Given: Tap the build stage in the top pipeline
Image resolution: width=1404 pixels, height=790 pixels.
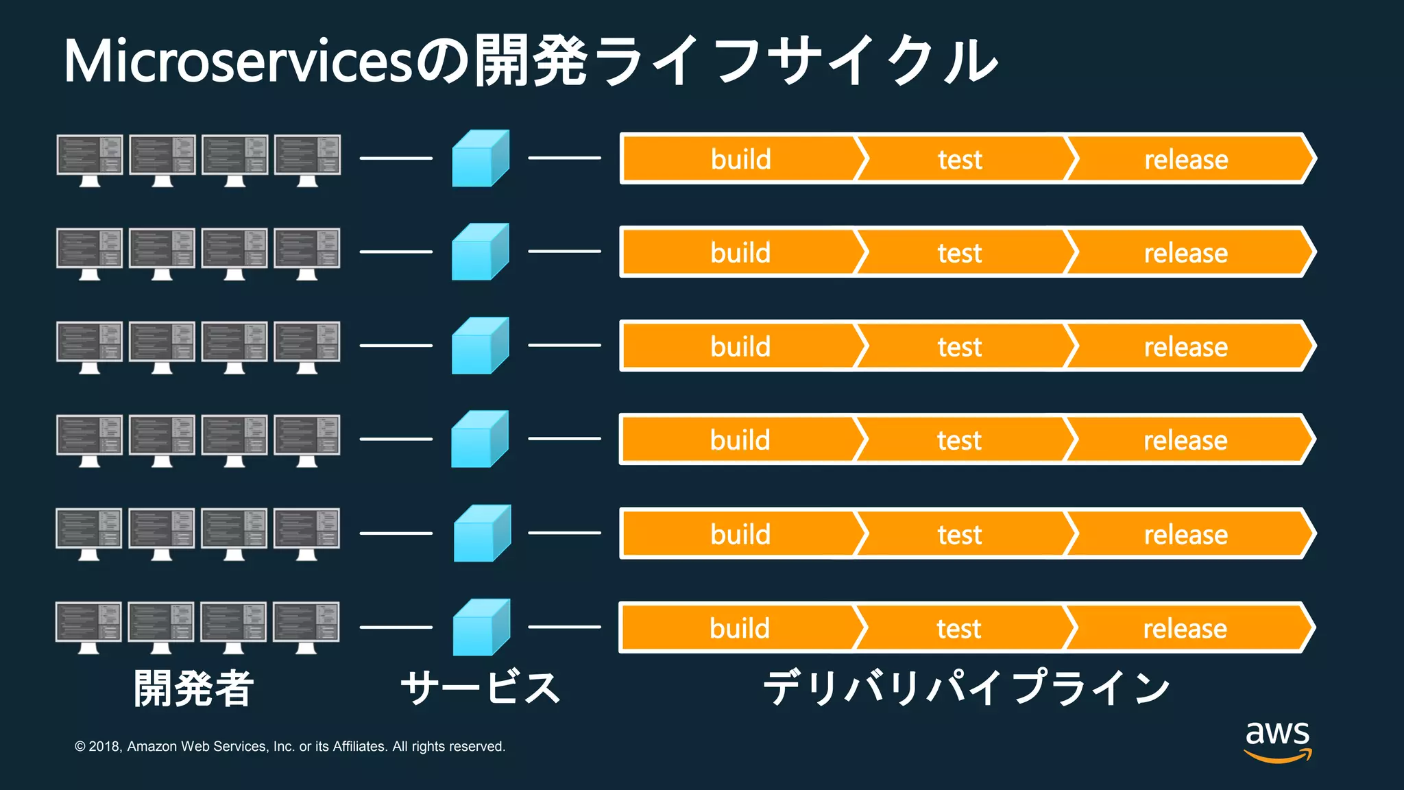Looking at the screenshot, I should click(x=740, y=159).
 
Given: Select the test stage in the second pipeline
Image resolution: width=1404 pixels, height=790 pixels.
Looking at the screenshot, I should click(x=960, y=253).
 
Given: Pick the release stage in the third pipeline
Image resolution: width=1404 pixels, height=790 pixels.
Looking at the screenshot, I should click(x=1186, y=347).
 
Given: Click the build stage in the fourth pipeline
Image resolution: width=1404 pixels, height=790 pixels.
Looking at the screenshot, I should click(x=740, y=440).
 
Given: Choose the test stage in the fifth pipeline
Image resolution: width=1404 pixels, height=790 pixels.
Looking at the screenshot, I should click(x=960, y=534).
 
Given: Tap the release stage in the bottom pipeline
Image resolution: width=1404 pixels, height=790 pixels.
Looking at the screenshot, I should click(x=1185, y=628).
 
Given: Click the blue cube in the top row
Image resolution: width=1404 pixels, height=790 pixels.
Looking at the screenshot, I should click(x=480, y=158).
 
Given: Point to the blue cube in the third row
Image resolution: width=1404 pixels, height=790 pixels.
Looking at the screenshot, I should click(x=480, y=346).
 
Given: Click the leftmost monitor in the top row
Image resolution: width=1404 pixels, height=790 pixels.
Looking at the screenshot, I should click(x=90, y=160).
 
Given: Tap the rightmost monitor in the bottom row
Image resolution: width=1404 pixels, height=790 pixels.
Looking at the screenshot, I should click(x=306, y=627).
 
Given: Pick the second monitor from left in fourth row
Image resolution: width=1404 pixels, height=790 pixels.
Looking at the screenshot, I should click(x=162, y=440).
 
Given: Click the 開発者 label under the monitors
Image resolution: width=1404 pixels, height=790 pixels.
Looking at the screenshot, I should click(x=194, y=689).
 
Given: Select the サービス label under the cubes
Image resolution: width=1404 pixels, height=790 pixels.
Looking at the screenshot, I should click(x=481, y=689).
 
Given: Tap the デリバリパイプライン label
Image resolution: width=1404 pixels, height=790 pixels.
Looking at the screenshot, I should click(x=967, y=689).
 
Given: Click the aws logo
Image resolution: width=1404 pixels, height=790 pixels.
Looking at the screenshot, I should click(x=1278, y=741).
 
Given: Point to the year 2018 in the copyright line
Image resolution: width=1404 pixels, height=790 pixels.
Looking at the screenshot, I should click(x=105, y=747).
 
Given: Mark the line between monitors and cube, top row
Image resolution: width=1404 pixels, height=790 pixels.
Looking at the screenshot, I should click(x=396, y=158).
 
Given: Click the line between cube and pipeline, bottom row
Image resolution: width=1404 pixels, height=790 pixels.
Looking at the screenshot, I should click(x=564, y=627).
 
